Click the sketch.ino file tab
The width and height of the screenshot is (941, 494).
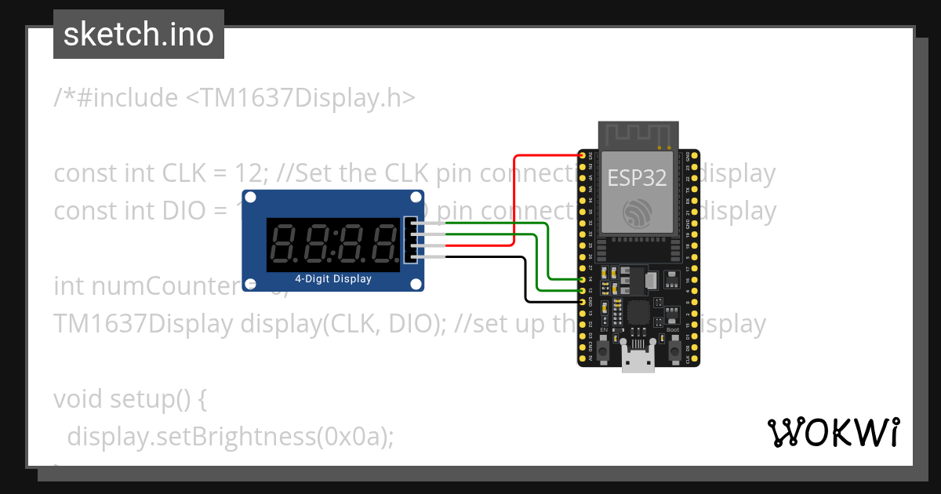pyautogui.click(x=138, y=35)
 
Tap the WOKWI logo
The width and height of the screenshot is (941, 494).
pyautogui.click(x=833, y=432)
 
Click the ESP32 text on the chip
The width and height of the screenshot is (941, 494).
pyautogui.click(x=637, y=178)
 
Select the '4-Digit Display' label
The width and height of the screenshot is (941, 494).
pyautogui.click(x=332, y=279)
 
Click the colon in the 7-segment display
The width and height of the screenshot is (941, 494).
pyautogui.click(x=335, y=243)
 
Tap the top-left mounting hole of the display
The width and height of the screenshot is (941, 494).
pyautogui.click(x=250, y=199)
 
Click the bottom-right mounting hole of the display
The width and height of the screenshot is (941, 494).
pyautogui.click(x=416, y=283)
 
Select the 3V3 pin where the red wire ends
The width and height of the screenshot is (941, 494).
pyautogui.click(x=584, y=157)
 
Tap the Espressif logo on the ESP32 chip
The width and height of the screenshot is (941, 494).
pyautogui.click(x=636, y=213)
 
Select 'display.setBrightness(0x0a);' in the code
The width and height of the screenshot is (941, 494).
pyautogui.click(x=230, y=436)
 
